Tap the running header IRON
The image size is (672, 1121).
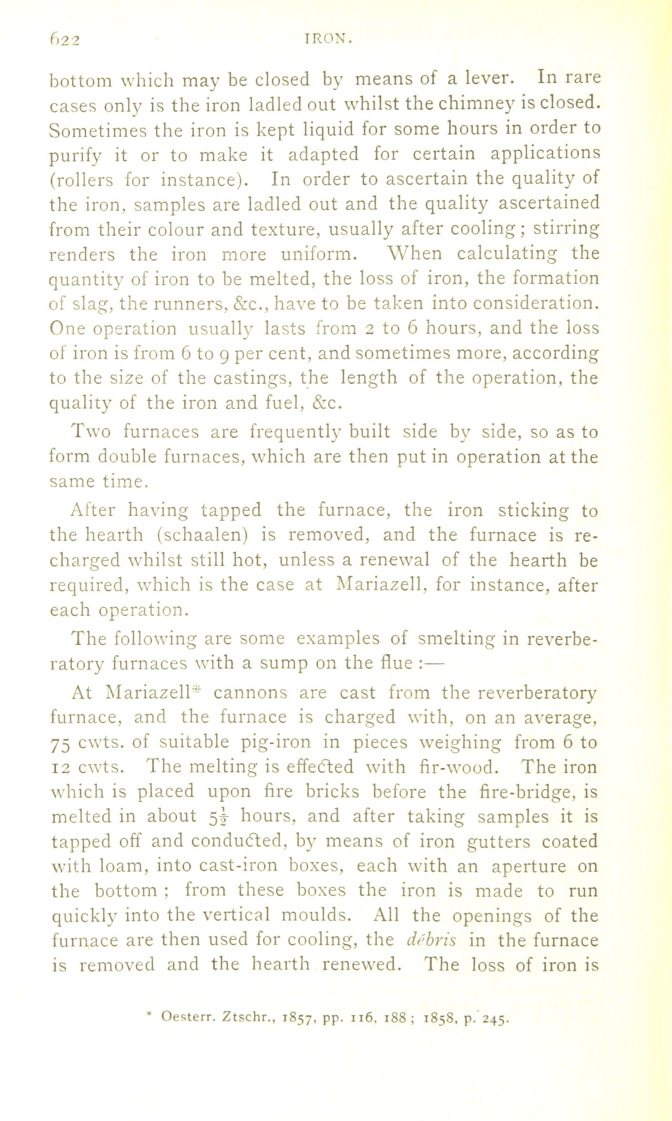328,40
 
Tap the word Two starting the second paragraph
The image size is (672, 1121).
91,432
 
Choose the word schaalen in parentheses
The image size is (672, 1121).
202,535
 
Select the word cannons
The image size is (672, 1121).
250,692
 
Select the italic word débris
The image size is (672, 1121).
432,940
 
